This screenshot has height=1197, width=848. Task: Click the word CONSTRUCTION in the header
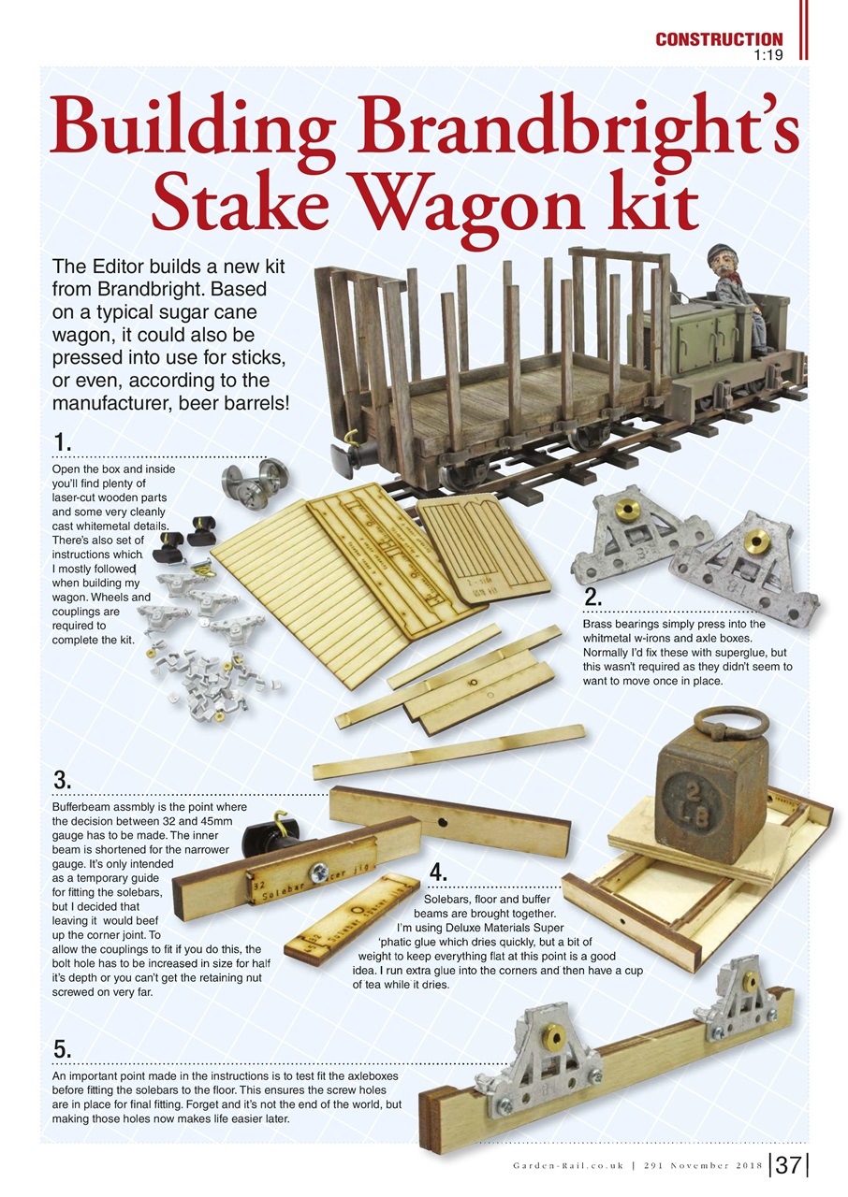point(718,39)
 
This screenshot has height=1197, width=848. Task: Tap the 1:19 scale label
point(767,54)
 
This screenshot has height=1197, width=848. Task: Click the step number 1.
point(61,441)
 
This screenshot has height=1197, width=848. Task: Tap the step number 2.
point(592,598)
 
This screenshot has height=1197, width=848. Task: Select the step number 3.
point(62,780)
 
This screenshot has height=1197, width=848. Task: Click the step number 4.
point(436,873)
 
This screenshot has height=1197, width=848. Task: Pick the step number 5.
point(62,1049)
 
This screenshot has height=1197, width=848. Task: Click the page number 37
point(788,1165)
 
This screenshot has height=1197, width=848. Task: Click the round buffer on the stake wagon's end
point(356,458)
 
